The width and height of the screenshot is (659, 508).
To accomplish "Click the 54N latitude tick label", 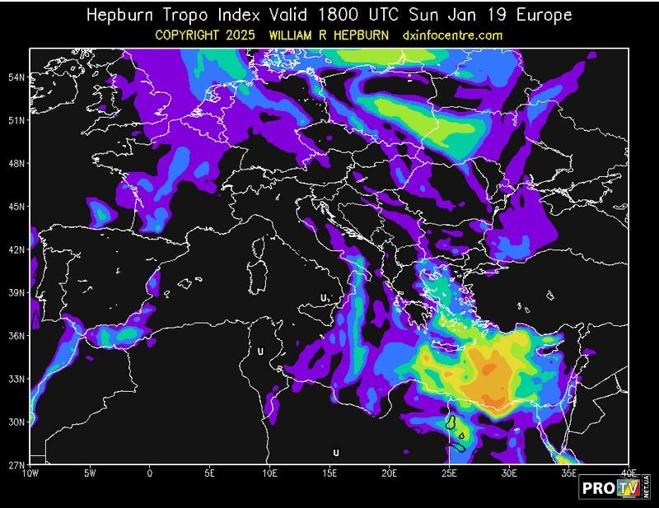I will click(x=15, y=77).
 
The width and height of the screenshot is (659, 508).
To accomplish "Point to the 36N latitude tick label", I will click(x=15, y=335).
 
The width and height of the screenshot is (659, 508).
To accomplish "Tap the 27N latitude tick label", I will click(x=15, y=464).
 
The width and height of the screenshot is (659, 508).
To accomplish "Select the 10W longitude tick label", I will click(x=30, y=473).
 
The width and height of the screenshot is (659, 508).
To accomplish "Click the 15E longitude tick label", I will click(x=329, y=473).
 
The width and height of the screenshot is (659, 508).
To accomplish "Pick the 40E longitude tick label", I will click(x=629, y=473).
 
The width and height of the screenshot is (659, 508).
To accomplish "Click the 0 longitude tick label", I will click(x=149, y=473).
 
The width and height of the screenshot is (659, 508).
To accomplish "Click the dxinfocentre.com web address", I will click(x=452, y=35).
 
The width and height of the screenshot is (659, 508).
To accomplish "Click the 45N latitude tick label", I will click(x=15, y=206).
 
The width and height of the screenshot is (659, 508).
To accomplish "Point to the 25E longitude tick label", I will click(x=449, y=473).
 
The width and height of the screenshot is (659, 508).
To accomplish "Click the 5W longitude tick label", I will click(x=90, y=473).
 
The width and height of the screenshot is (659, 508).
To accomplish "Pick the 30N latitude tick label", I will click(x=15, y=422).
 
